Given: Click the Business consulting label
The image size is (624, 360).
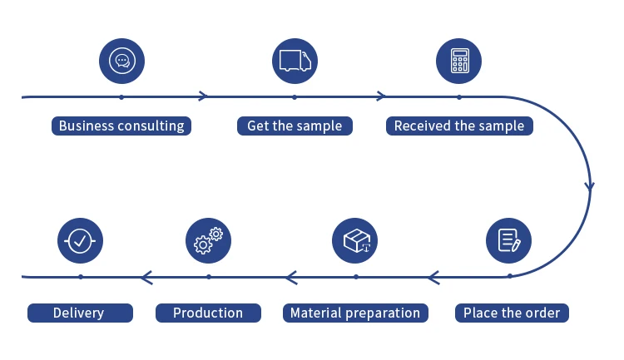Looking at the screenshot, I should click(x=121, y=126).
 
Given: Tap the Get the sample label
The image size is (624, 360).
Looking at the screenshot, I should click(x=295, y=126).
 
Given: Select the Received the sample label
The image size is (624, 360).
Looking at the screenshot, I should click(x=459, y=126).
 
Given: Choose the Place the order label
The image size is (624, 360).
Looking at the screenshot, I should click(x=512, y=313).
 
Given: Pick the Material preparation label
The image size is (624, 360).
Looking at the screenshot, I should click(x=355, y=313).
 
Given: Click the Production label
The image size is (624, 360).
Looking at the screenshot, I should click(x=208, y=313).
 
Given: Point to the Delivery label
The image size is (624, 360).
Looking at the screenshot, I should click(x=79, y=313).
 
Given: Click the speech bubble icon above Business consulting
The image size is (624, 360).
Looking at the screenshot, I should click(x=121, y=61).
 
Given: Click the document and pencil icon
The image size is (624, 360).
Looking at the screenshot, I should click(x=508, y=241).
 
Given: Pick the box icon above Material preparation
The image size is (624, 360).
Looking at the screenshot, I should click(x=355, y=241).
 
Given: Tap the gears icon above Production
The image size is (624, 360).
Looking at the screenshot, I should click(x=208, y=241).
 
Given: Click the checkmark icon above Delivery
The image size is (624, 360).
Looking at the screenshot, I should click(x=80, y=241).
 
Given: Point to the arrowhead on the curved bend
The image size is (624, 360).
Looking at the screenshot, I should click(x=590, y=185).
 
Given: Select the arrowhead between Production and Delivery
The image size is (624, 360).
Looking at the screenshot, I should click(x=146, y=277).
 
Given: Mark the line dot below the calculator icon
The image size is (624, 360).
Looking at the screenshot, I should click(x=459, y=96).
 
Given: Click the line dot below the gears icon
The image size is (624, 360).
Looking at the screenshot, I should click(x=208, y=277).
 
